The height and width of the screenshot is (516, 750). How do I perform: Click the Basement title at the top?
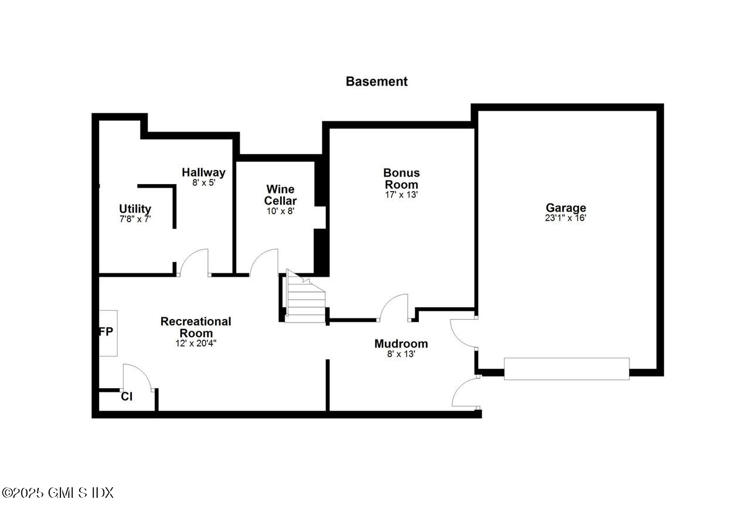[376, 82]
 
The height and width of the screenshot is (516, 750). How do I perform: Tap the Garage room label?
[565, 208]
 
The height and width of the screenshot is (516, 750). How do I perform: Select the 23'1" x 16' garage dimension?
[565, 218]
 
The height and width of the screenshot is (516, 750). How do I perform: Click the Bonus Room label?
[401, 178]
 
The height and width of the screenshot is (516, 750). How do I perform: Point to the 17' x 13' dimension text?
[401, 195]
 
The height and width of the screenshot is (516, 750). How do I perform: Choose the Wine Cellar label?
[280, 195]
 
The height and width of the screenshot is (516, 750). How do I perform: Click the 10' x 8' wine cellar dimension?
[280, 211]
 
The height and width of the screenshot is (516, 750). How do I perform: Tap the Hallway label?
[203, 172]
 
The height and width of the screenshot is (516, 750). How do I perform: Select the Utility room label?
[135, 209]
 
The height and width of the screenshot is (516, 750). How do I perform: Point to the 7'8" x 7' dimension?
[135, 219]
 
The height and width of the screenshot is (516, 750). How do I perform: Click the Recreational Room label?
[196, 327]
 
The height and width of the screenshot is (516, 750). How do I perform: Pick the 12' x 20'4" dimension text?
[196, 343]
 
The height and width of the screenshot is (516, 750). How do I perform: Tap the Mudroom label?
[401, 344]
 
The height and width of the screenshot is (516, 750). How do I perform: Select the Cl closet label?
[127, 397]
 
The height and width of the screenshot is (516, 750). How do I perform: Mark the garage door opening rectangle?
[567, 369]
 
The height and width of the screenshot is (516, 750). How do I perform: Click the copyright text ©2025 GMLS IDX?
[57, 493]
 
